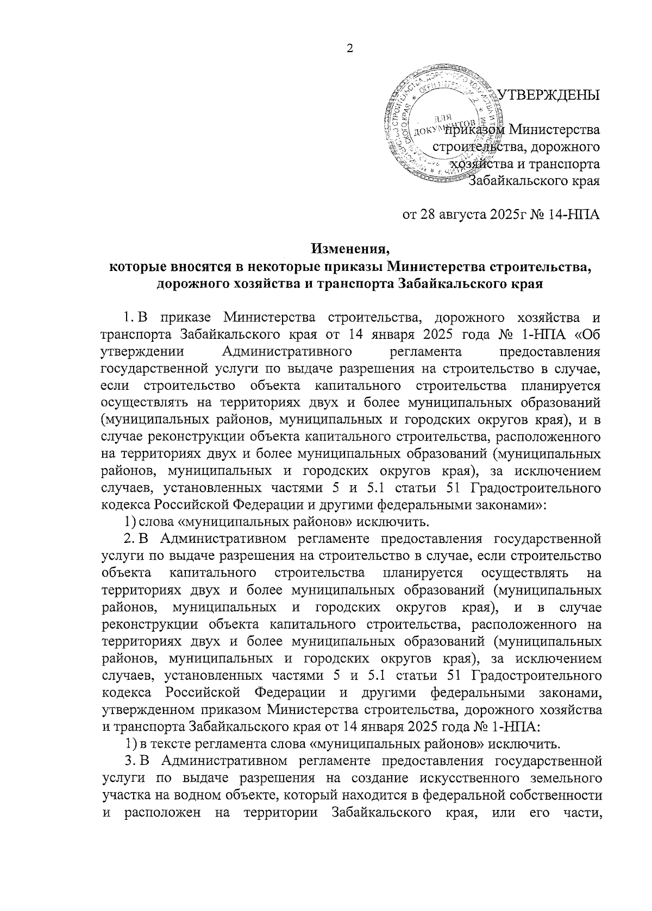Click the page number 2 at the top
(350, 49)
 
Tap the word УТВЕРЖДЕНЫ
(549, 94)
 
